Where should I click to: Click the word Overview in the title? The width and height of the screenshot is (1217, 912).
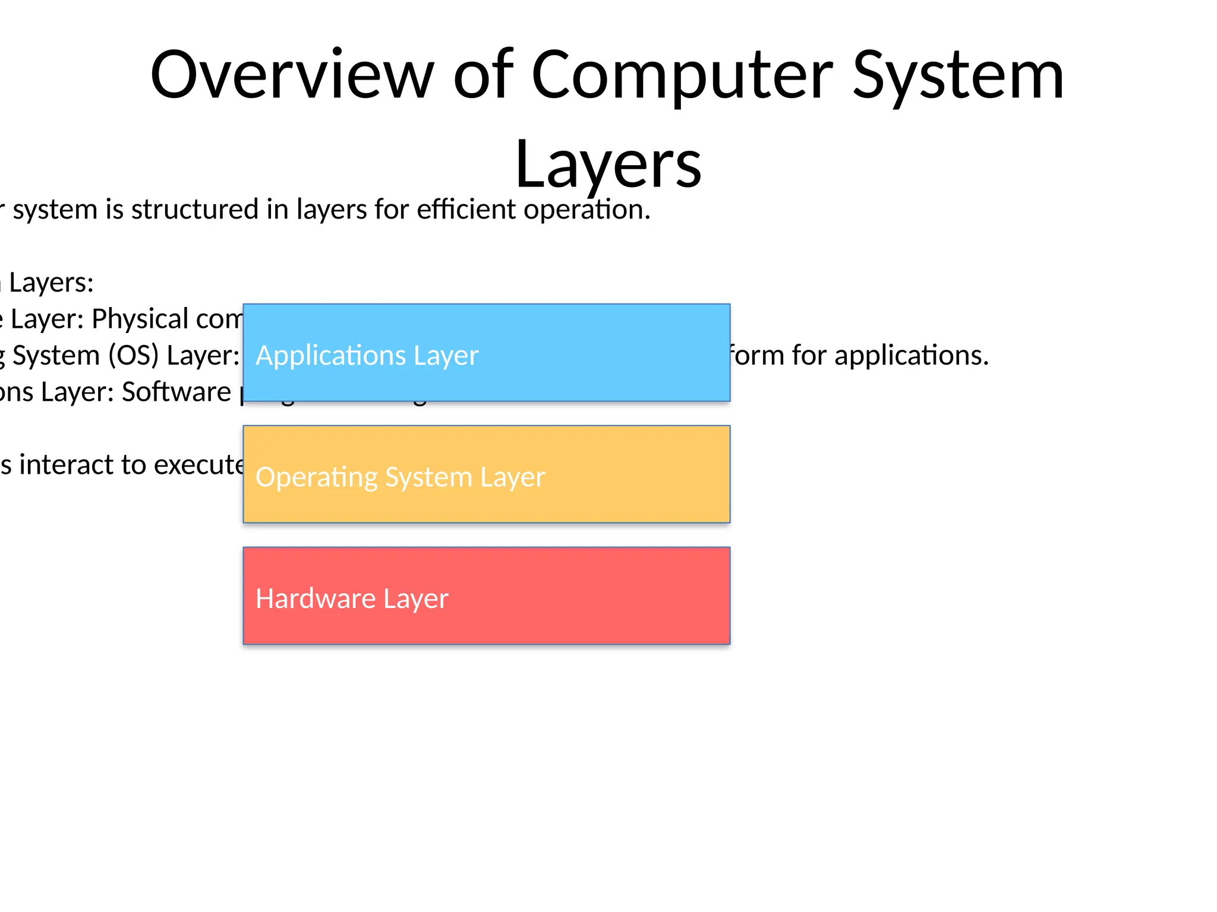point(292,75)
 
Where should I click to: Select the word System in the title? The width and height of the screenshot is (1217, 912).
point(958,75)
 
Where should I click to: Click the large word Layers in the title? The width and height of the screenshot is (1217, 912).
point(608,164)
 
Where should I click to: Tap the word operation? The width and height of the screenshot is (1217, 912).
point(587,210)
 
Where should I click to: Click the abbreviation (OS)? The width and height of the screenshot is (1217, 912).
point(133,356)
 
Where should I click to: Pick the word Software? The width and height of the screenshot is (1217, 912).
point(176,392)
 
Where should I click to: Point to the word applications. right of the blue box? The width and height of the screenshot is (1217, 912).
point(912,356)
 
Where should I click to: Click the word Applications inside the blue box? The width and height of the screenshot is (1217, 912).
point(330,356)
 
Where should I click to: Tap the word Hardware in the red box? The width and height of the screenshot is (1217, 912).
point(315,598)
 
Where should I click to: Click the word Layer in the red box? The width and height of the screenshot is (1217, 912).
point(416,598)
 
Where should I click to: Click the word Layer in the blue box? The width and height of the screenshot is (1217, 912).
point(446,356)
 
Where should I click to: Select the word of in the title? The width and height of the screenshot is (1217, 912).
point(483,75)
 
